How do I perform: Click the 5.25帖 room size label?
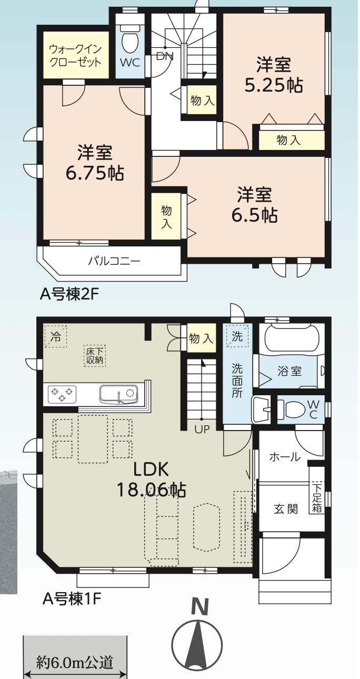(273, 85)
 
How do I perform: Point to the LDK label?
(151, 470)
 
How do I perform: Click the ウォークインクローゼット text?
(75, 55)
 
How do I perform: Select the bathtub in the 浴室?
(292, 339)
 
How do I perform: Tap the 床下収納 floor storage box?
(95, 356)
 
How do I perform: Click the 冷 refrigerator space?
(55, 336)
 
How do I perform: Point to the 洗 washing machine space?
(237, 336)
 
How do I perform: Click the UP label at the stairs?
(202, 429)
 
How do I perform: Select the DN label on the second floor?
(165, 56)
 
